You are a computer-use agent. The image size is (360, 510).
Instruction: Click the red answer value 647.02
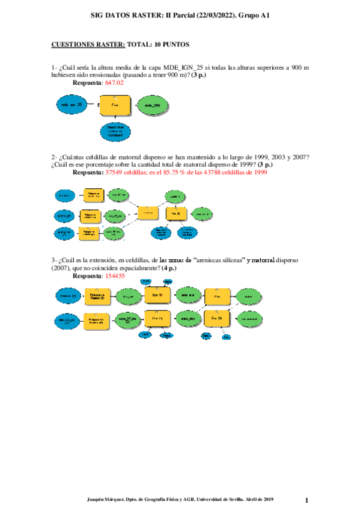coord(114,83)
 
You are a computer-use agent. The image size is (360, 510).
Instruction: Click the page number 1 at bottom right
coord(307,500)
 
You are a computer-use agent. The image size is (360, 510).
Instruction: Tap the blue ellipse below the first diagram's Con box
coord(115,132)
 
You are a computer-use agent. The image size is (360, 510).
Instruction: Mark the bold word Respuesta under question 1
coord(87,83)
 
